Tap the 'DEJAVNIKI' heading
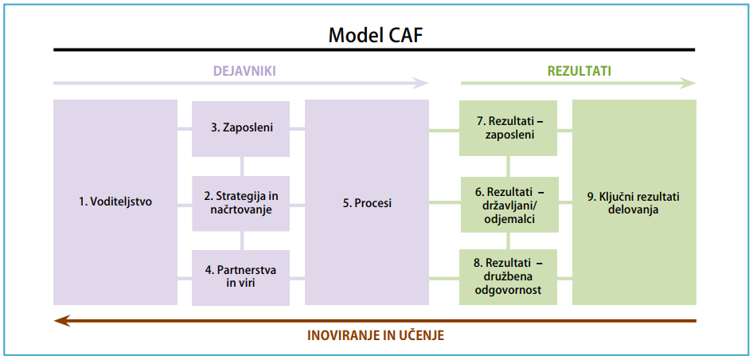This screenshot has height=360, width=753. click(244, 71)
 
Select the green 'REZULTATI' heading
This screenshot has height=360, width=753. click(579, 71)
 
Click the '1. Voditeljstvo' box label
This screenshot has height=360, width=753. click(115, 202)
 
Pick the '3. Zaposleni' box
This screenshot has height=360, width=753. click(242, 127)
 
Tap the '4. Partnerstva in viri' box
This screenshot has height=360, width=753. click(242, 277)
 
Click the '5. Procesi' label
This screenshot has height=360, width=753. click(367, 203)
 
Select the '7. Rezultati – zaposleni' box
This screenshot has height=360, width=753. click(509, 127)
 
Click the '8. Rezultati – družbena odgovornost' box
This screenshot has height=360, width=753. click(509, 277)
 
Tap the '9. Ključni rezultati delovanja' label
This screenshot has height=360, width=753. click(634, 203)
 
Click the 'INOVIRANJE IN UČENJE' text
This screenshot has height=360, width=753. click(376, 335)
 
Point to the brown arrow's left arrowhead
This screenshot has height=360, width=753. click(59, 320)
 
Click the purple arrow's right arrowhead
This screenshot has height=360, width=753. click(422, 82)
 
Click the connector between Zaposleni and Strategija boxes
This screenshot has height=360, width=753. click(242, 166)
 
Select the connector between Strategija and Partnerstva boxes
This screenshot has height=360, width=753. click(242, 241)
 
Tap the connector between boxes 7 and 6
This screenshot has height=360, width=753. click(509, 166)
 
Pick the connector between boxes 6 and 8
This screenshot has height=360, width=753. click(509, 241)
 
